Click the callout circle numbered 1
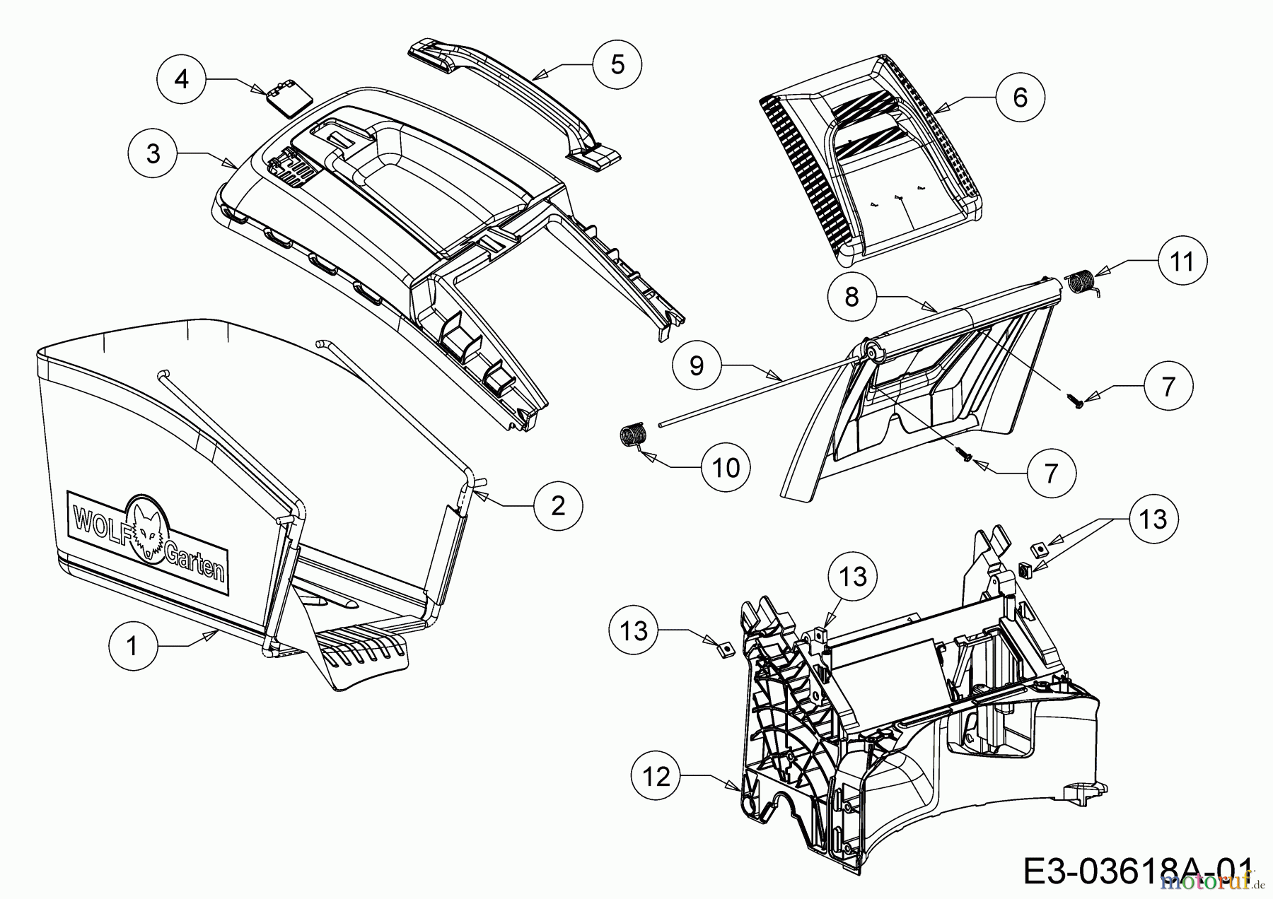pyautogui.click(x=133, y=645)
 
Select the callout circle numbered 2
pyautogui.click(x=558, y=505)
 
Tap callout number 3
pyautogui.click(x=153, y=153)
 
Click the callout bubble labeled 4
pyautogui.click(x=182, y=78)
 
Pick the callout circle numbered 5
pyautogui.click(x=617, y=64)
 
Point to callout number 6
pyautogui.click(x=1020, y=97)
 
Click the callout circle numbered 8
pyautogui.click(x=851, y=296)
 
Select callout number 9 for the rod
pyautogui.click(x=697, y=365)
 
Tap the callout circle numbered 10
pyautogui.click(x=726, y=467)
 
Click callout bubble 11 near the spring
pyautogui.click(x=1182, y=261)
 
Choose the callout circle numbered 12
pyautogui.click(x=657, y=777)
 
